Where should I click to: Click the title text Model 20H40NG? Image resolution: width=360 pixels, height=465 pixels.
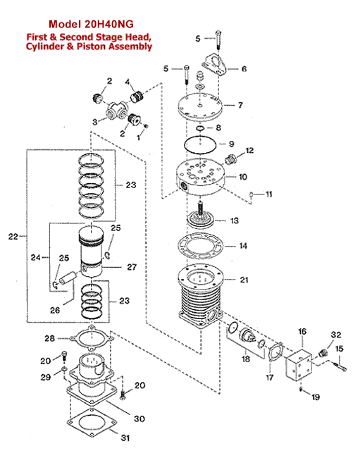tap(91, 24)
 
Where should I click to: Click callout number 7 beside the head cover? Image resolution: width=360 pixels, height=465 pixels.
tap(240, 105)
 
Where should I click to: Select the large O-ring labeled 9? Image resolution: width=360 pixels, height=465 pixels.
tap(200, 144)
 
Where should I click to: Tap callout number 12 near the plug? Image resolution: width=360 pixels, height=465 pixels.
tap(249, 151)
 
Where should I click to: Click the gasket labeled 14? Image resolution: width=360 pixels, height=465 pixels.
tap(201, 246)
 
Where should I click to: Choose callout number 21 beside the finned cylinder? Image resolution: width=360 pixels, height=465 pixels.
tap(244, 280)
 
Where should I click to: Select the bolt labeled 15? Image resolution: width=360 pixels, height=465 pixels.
tap(340, 366)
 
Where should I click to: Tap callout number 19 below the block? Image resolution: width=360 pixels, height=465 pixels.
tap(316, 397)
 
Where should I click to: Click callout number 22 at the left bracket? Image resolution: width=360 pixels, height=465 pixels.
tap(13, 237)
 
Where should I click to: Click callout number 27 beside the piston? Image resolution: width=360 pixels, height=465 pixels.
tap(132, 267)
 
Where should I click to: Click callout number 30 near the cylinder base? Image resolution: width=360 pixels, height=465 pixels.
tap(139, 418)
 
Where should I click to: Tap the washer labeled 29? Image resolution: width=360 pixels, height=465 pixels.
tap(64, 369)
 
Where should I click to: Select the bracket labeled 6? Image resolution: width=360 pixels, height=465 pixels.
tap(214, 64)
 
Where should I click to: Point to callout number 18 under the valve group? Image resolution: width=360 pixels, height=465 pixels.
tap(246, 359)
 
